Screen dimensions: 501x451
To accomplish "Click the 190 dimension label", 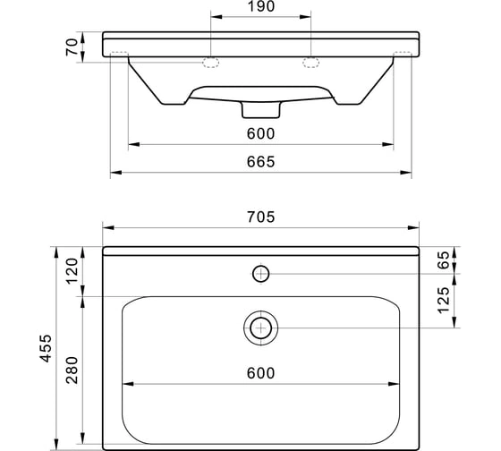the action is [261, 6].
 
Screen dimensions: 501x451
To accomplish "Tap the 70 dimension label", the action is [72, 47].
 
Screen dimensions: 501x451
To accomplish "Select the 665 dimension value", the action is [260, 162].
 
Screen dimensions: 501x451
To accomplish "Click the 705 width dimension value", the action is [260, 217].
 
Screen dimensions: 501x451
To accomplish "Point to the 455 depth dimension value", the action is [46, 348].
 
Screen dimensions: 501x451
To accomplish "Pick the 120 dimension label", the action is [72, 271].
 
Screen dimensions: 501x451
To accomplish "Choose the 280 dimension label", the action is [72, 370].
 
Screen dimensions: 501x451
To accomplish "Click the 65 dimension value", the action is [444, 260].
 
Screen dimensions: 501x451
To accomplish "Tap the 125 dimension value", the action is [444, 301].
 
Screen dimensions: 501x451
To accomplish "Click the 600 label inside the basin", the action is [260, 373].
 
